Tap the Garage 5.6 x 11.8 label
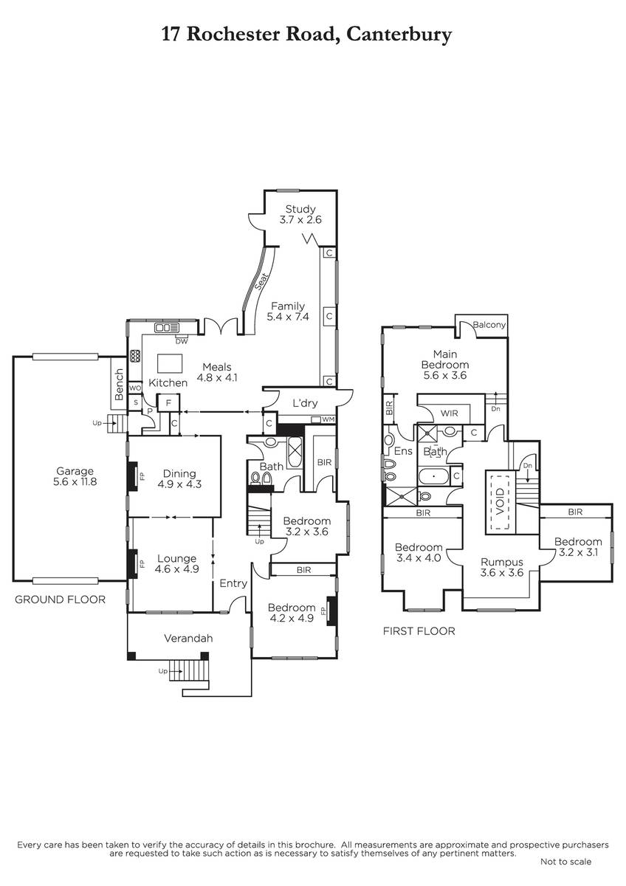tap(75, 476)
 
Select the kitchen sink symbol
tap(167, 328)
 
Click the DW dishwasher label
tap(182, 341)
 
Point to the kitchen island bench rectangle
tap(170, 363)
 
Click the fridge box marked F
tap(168, 403)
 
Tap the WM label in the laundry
tap(329, 419)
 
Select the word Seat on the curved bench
tap(261, 282)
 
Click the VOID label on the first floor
tap(501, 501)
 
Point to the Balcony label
tap(489, 325)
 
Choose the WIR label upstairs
tap(450, 413)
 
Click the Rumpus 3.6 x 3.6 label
tap(502, 567)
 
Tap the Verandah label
tap(188, 639)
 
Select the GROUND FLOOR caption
tap(60, 600)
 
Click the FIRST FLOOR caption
tap(419, 631)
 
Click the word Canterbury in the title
tap(399, 35)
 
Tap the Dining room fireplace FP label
tap(142, 476)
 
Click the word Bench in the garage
tap(119, 384)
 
